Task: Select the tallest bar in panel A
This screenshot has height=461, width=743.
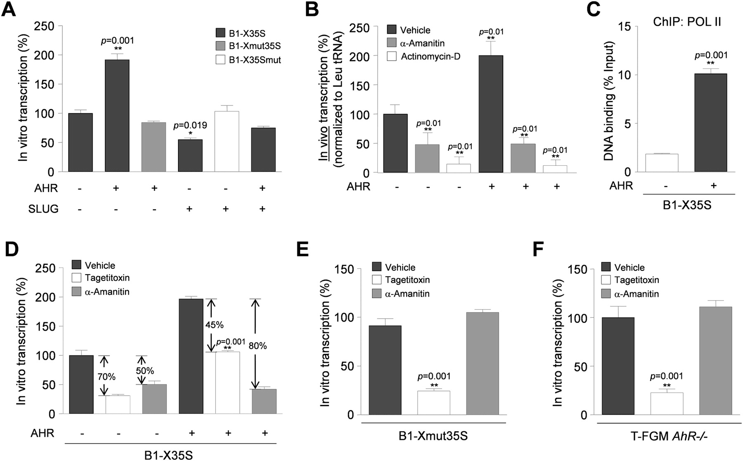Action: click(x=117, y=115)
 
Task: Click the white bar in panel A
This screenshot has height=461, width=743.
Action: click(x=227, y=141)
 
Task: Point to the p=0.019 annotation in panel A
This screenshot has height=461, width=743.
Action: click(x=190, y=125)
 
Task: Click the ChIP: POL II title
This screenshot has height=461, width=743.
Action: click(x=687, y=22)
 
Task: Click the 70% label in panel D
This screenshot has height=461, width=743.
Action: click(x=106, y=376)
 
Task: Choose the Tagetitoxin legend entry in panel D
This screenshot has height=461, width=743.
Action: click(x=106, y=278)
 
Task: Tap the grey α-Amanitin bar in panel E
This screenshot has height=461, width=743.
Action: click(x=483, y=363)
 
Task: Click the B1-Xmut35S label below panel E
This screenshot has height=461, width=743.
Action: click(x=433, y=436)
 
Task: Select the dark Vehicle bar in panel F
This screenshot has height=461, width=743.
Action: click(x=618, y=366)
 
